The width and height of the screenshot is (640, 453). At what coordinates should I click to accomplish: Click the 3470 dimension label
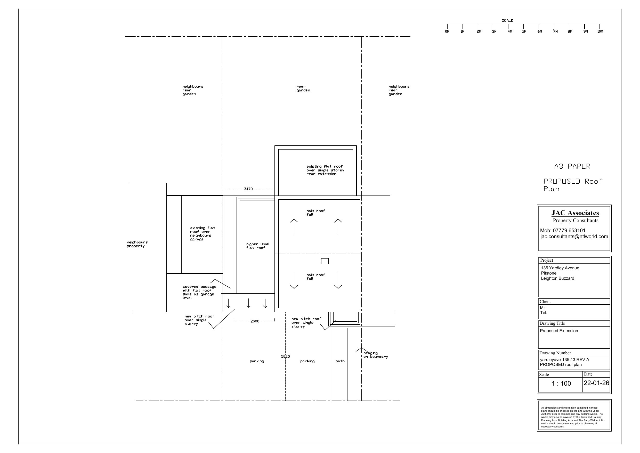[248, 189]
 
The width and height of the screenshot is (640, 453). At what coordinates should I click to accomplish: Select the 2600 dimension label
[255, 321]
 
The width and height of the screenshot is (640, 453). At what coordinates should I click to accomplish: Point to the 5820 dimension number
[286, 356]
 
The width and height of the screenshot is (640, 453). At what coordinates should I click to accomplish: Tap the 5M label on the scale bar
[524, 32]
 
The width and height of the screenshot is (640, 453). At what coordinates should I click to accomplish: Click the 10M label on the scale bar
[600, 32]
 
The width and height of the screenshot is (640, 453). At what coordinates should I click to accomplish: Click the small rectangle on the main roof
[325, 261]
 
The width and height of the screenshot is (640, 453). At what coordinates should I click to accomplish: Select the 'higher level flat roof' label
[258, 246]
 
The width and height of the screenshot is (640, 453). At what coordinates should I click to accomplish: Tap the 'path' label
[340, 361]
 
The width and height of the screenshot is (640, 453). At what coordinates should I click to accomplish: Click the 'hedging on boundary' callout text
[376, 355]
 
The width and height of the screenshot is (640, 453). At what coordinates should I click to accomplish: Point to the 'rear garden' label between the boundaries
[303, 89]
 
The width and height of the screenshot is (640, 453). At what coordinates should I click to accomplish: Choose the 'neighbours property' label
[137, 244]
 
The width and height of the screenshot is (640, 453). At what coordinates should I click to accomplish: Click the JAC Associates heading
[575, 213]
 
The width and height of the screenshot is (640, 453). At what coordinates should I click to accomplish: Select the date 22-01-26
[596, 383]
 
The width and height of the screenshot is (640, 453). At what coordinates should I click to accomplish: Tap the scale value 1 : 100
[561, 384]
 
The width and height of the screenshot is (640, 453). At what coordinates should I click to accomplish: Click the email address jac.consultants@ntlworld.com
[574, 236]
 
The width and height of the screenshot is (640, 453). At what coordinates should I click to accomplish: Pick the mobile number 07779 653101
[569, 231]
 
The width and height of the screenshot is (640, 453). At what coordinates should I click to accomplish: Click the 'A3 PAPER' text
[572, 166]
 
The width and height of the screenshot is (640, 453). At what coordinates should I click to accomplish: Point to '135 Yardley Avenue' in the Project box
[560, 268]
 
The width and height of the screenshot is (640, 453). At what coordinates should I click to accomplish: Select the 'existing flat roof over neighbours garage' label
[203, 234]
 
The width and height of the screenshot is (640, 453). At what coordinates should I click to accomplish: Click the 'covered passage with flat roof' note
[199, 292]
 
